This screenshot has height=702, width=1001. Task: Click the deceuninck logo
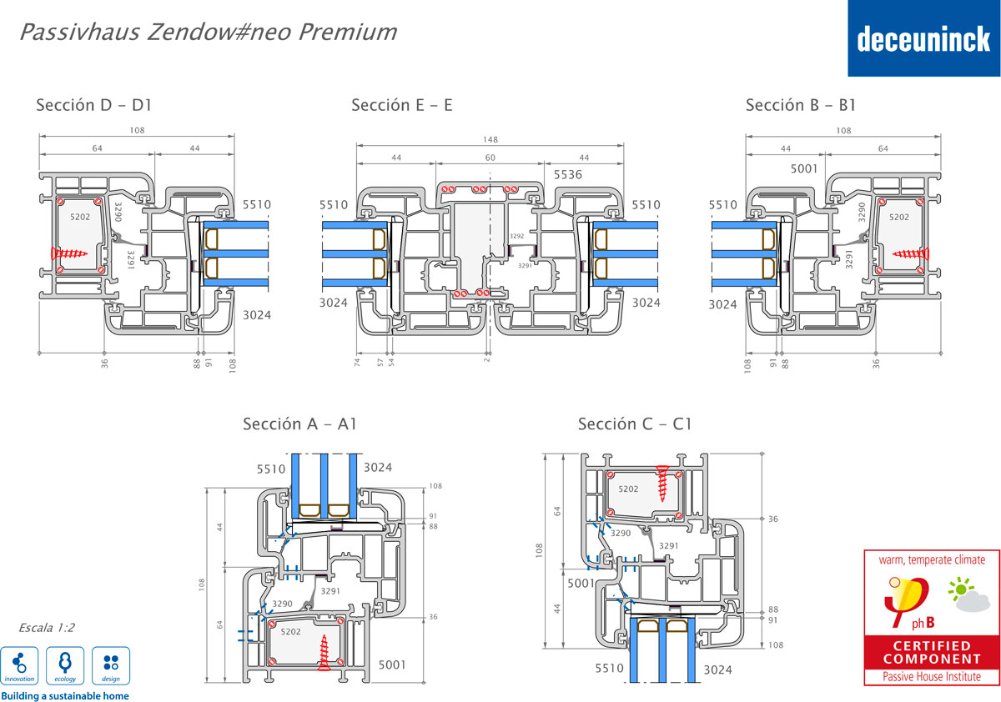[923, 38]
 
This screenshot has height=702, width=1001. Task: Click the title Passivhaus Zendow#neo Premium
[207, 33]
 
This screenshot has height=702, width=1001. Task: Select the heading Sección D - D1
[93, 106]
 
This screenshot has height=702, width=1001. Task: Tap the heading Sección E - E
[401, 105]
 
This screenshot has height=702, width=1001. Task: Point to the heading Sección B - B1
[800, 105]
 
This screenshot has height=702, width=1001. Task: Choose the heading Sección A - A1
[299, 424]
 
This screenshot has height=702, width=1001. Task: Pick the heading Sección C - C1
[635, 424]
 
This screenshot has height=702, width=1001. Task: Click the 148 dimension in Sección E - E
[490, 141]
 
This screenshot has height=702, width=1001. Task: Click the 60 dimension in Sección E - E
[490, 158]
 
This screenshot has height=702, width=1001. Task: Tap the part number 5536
[567, 175]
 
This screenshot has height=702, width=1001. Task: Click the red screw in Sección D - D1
[68, 252]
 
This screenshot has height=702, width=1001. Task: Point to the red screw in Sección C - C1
[664, 483]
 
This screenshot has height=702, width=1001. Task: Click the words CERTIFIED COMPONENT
[931, 652]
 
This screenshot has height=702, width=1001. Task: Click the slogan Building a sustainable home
[65, 695]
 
